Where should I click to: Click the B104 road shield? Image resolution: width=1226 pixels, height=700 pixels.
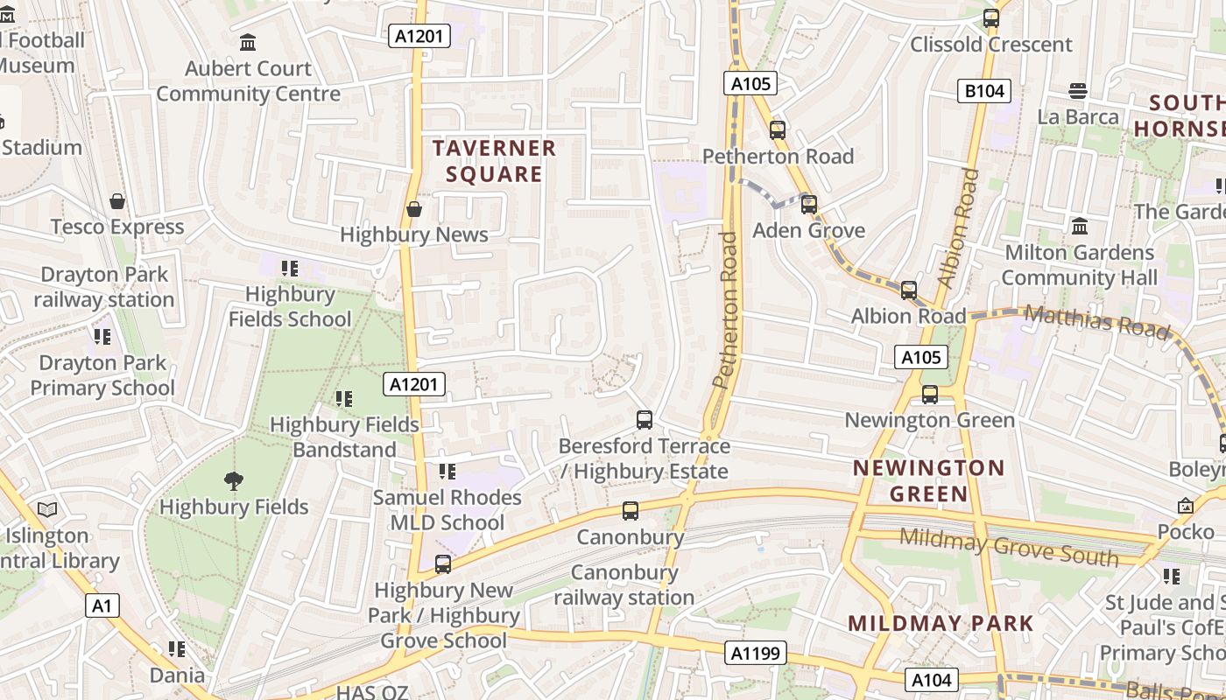[x=983, y=91]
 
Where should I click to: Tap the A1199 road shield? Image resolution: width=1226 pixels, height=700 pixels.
[x=755, y=653]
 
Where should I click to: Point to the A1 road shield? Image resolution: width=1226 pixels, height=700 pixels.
[x=102, y=605]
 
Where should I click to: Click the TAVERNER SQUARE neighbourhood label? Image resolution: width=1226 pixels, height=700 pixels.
[x=494, y=161]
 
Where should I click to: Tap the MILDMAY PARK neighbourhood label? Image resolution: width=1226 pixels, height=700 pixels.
[x=941, y=624]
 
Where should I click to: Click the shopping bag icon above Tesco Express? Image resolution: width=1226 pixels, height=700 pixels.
[x=117, y=202]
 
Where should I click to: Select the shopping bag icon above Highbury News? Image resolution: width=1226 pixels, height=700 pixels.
[x=414, y=210]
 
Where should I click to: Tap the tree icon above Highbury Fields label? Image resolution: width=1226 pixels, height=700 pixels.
[x=233, y=480]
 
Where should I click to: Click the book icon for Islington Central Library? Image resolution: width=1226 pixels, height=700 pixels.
[x=47, y=509]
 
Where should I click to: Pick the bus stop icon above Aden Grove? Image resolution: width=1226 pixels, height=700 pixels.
[x=809, y=205]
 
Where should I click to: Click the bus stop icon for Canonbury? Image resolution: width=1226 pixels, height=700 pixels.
[x=630, y=511]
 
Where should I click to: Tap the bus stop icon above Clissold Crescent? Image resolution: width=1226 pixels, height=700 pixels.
[x=991, y=18]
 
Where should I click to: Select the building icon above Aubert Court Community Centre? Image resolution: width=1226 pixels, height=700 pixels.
[x=248, y=42]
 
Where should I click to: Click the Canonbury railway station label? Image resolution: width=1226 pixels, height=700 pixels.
[x=624, y=585]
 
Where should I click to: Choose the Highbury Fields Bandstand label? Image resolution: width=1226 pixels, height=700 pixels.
[x=344, y=437]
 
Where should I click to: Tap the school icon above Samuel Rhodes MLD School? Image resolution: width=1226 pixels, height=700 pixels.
[x=447, y=472]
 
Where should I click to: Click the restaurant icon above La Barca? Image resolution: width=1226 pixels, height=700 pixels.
[x=1078, y=91]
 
